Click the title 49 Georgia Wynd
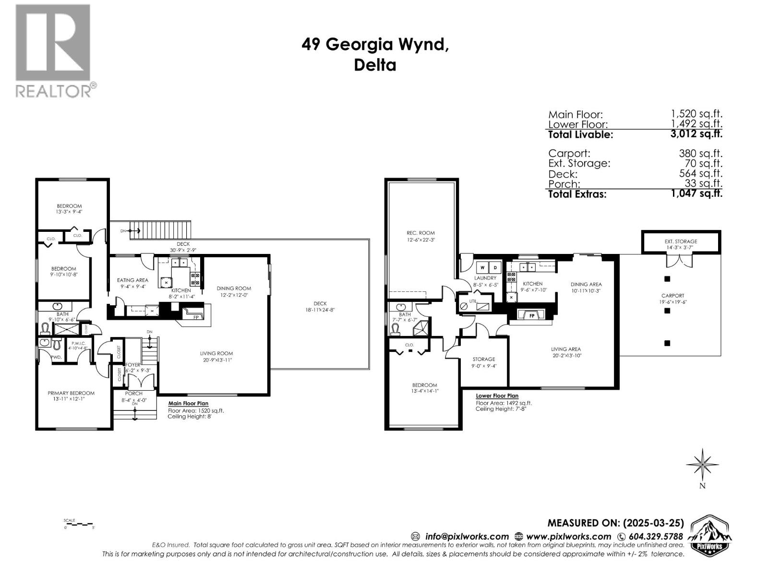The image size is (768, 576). [x=375, y=45]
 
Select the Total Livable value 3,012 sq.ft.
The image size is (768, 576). [x=696, y=134]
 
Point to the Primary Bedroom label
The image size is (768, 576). [x=71, y=393]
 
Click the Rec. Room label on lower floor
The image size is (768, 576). [x=414, y=233]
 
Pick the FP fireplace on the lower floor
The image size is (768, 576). [x=532, y=316]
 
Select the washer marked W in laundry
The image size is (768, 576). [x=482, y=267]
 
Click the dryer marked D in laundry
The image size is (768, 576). [x=495, y=267]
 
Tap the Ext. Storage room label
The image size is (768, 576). [x=681, y=241]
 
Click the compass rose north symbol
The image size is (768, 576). [x=702, y=464]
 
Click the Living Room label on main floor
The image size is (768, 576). [x=216, y=353]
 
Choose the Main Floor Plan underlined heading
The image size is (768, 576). [x=188, y=404]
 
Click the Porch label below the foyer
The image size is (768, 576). [x=133, y=394]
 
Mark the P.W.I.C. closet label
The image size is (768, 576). [x=78, y=343]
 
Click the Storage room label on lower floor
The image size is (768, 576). [x=483, y=359]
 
